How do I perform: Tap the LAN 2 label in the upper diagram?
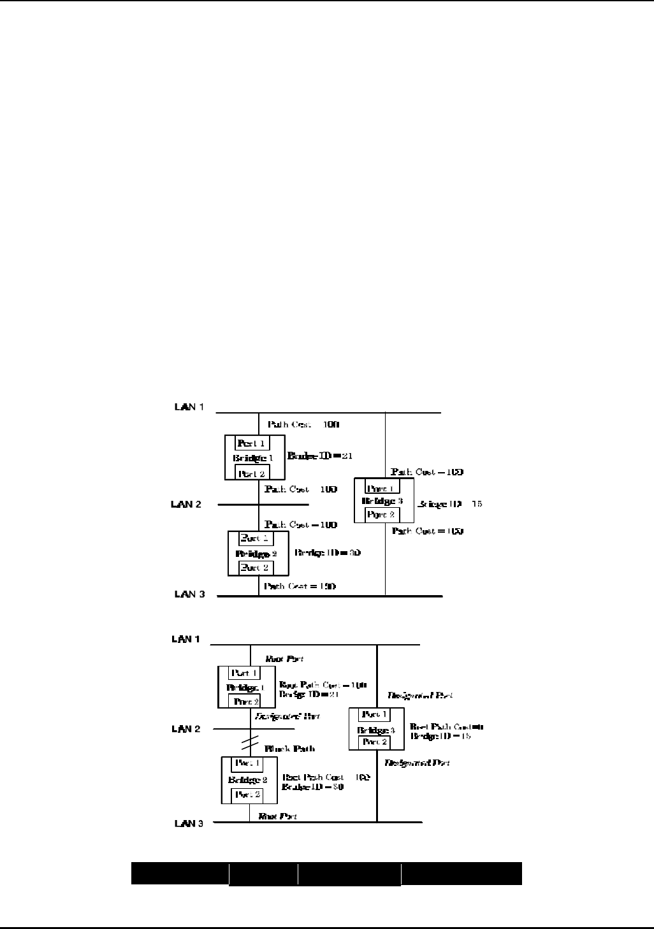pos(186,504)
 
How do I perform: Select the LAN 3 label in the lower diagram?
pos(188,823)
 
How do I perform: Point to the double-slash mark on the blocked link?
pos(250,743)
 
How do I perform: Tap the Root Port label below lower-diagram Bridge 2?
pos(277,816)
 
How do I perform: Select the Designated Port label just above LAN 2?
pos(287,716)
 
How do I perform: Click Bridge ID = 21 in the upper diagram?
pos(320,456)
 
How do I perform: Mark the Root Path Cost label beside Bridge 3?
pos(446,726)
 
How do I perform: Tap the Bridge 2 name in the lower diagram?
pos(247,779)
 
